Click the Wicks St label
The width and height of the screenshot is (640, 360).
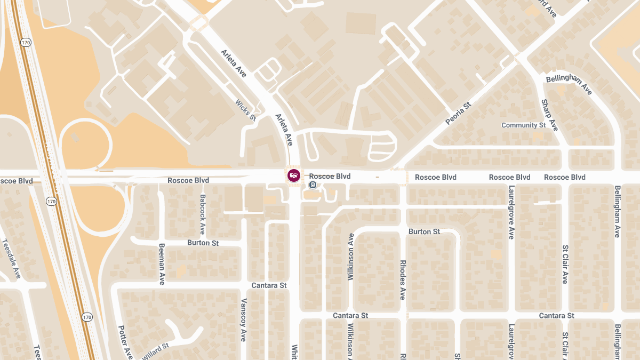(246, 110)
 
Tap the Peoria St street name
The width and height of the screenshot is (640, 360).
(459, 114)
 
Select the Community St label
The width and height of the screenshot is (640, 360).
(523, 125)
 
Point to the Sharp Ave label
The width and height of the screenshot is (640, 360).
(549, 115)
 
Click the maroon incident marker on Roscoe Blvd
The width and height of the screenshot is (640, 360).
(293, 175)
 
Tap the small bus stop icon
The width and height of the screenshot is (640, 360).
(313, 185)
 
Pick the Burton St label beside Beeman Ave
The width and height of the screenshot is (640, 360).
(203, 243)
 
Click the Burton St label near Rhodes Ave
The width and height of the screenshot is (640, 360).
(424, 232)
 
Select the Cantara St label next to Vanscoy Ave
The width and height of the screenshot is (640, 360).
(269, 285)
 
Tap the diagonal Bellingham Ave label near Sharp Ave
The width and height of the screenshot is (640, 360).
(569, 85)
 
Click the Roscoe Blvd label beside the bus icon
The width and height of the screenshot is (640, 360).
(330, 177)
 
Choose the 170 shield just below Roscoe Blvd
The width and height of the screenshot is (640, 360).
(51, 201)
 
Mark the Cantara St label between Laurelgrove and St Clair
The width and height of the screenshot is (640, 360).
(556, 316)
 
